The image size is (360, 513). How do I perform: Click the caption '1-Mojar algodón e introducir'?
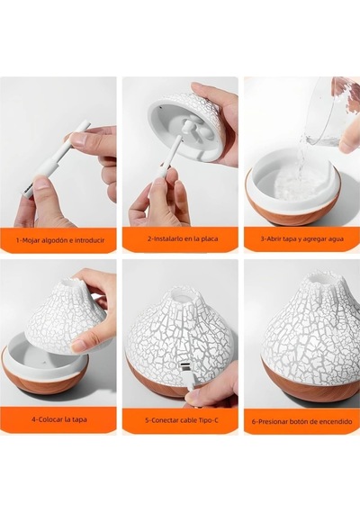(60, 240)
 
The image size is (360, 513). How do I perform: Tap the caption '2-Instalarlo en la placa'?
(183, 238)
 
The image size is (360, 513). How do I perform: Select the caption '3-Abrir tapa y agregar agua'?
(302, 238)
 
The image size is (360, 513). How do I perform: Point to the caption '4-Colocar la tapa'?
(59, 419)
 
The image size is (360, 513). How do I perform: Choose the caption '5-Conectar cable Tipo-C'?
(182, 420)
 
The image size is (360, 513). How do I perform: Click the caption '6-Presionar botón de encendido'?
(302, 421)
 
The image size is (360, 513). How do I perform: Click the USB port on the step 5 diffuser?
(183, 364)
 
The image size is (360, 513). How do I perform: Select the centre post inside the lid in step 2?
(188, 126)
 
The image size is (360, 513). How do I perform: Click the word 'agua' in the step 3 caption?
(337, 239)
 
